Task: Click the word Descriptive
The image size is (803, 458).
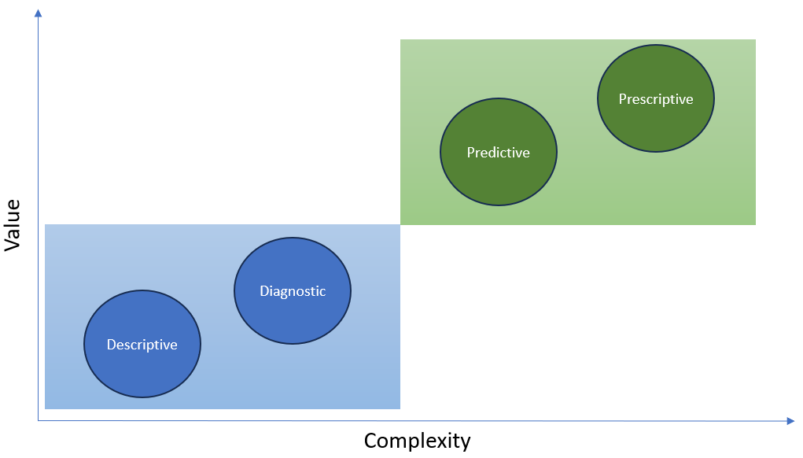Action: [142, 345]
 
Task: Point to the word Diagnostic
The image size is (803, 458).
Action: [293, 291]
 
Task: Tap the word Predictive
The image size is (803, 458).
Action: [499, 153]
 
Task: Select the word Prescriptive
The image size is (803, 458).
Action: [656, 99]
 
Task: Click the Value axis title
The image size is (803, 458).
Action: [12, 225]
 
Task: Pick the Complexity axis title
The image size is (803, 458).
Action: [417, 441]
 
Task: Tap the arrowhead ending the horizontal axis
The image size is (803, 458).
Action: [790, 421]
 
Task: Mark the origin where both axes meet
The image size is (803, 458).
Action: [38, 421]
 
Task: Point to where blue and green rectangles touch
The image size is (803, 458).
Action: [400, 225]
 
